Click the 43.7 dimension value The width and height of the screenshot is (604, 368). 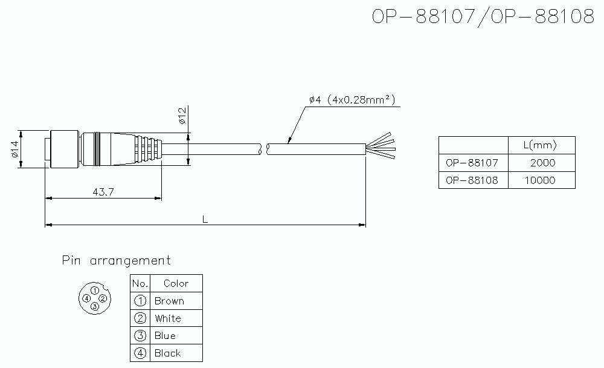pos(103,192)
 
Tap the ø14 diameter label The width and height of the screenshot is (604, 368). pos(14,149)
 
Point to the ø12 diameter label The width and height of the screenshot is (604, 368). pos(182,116)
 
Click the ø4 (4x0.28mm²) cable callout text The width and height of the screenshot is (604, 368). pos(352,100)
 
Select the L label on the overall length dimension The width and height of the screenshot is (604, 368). pos(205,220)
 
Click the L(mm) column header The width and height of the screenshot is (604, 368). pos(540,145)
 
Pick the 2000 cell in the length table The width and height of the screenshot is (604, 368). pos(543,163)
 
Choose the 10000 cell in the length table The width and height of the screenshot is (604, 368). pos(539,180)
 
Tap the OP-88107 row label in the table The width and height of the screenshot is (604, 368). pos(472,163)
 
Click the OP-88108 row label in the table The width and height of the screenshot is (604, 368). pos(472,180)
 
